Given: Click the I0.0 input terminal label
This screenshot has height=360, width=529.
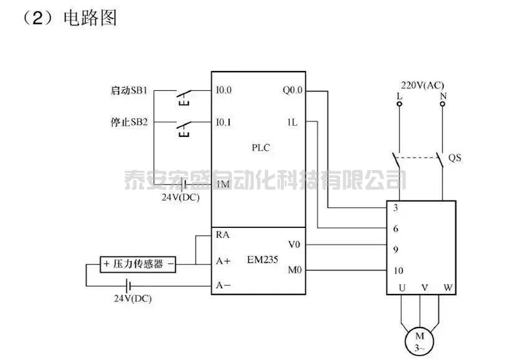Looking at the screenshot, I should click(x=224, y=90).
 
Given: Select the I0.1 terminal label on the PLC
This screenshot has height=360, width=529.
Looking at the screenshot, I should click(x=224, y=122).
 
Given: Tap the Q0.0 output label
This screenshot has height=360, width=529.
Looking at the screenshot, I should click(x=292, y=90).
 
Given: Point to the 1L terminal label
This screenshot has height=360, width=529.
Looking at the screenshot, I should click(x=292, y=122).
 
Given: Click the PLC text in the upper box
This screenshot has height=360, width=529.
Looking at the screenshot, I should click(x=260, y=148).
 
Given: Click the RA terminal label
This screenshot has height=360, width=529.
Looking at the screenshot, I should click(x=222, y=235).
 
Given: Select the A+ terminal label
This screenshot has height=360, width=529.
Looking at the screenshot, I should click(x=223, y=262).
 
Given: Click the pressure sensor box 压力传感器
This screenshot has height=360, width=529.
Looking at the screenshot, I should click(x=138, y=264).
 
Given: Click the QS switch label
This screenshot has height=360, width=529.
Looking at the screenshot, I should click(x=455, y=158).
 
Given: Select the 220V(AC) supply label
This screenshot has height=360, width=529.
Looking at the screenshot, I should click(x=422, y=85).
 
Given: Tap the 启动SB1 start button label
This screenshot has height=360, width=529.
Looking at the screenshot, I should click(x=125, y=90).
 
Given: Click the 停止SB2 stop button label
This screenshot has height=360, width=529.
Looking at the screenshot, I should click(x=125, y=122).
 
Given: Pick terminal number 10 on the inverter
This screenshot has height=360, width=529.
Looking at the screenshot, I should click(x=399, y=271).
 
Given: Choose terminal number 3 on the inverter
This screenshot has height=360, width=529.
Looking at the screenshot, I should click(x=395, y=207).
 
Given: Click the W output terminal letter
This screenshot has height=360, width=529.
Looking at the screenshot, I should click(x=447, y=288).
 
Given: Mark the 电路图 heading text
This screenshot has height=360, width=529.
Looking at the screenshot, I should click(x=90, y=17).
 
